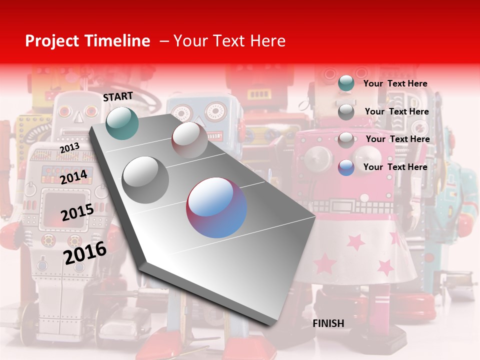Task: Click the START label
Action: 118,96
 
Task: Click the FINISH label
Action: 328,323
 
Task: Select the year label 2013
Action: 69,148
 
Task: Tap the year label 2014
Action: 73,177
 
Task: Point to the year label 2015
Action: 77,213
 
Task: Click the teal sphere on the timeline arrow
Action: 122,123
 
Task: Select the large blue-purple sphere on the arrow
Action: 216,207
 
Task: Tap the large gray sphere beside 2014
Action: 145,179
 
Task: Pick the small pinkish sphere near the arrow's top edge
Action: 189,140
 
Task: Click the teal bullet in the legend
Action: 346,83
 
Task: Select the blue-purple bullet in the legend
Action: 346,167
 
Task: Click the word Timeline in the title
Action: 116,41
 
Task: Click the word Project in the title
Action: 52,41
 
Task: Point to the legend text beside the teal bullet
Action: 395,83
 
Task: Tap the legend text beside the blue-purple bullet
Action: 395,167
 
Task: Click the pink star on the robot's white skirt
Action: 356,242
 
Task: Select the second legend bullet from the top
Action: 346,112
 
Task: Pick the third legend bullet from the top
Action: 346,140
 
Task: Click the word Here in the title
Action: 268,41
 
